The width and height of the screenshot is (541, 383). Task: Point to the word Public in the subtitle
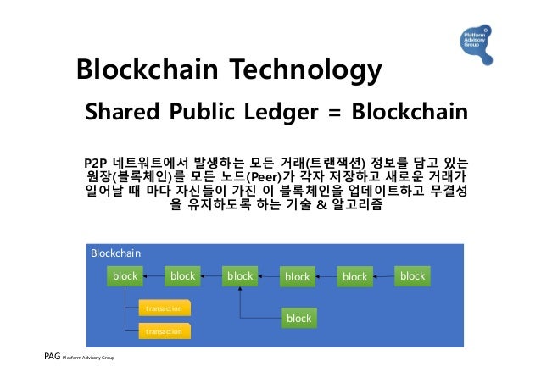click(x=202, y=113)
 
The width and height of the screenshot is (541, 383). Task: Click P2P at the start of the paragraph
click(x=98, y=162)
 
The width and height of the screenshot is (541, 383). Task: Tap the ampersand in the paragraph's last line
click(x=321, y=205)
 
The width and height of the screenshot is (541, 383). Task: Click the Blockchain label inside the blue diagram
click(x=116, y=253)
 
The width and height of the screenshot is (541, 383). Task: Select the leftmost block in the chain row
click(x=125, y=276)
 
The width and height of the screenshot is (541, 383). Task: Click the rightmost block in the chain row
click(x=412, y=276)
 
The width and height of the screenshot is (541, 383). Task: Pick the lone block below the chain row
click(x=298, y=319)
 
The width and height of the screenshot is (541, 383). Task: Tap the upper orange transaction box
click(x=164, y=308)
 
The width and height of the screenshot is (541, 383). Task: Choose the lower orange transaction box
click(x=164, y=330)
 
